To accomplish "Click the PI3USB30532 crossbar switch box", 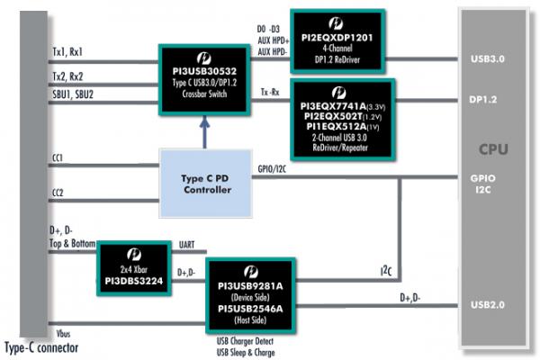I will (206, 78).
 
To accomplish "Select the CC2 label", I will (58, 193).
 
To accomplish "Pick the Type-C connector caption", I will (41, 348).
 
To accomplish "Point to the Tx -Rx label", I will (269, 93).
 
